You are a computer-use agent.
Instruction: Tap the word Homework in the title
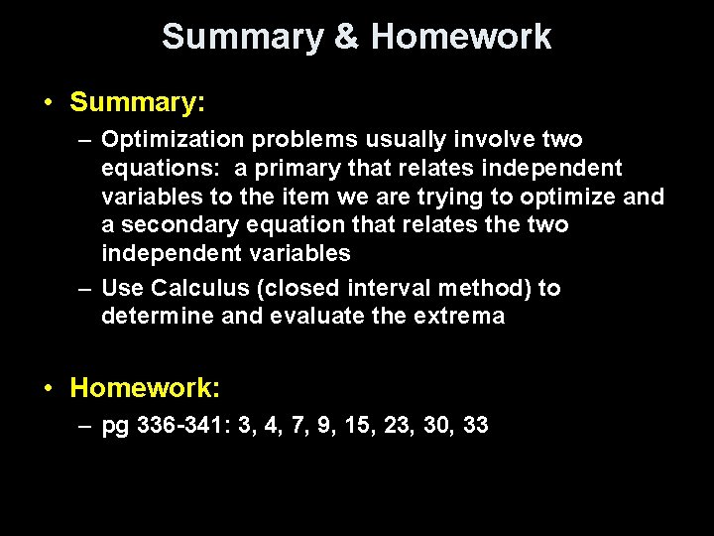pyautogui.click(x=461, y=37)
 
